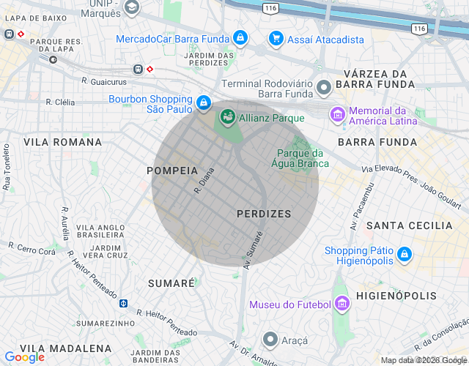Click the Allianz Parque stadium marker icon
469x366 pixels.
[227, 116]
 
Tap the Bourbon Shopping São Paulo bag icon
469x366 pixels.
[204, 103]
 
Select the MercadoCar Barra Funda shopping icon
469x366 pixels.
[240, 37]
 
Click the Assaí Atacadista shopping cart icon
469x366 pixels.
[276, 38]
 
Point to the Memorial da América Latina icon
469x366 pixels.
[337, 114]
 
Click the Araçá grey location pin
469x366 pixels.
[270, 340]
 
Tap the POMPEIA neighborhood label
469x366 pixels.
[172, 170]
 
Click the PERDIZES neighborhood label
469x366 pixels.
[264, 214]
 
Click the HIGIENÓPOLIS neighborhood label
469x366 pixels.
[396, 296]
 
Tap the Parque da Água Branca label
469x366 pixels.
[300, 157]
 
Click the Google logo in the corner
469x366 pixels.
[25, 356]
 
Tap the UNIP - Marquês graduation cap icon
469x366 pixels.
[131, 7]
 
